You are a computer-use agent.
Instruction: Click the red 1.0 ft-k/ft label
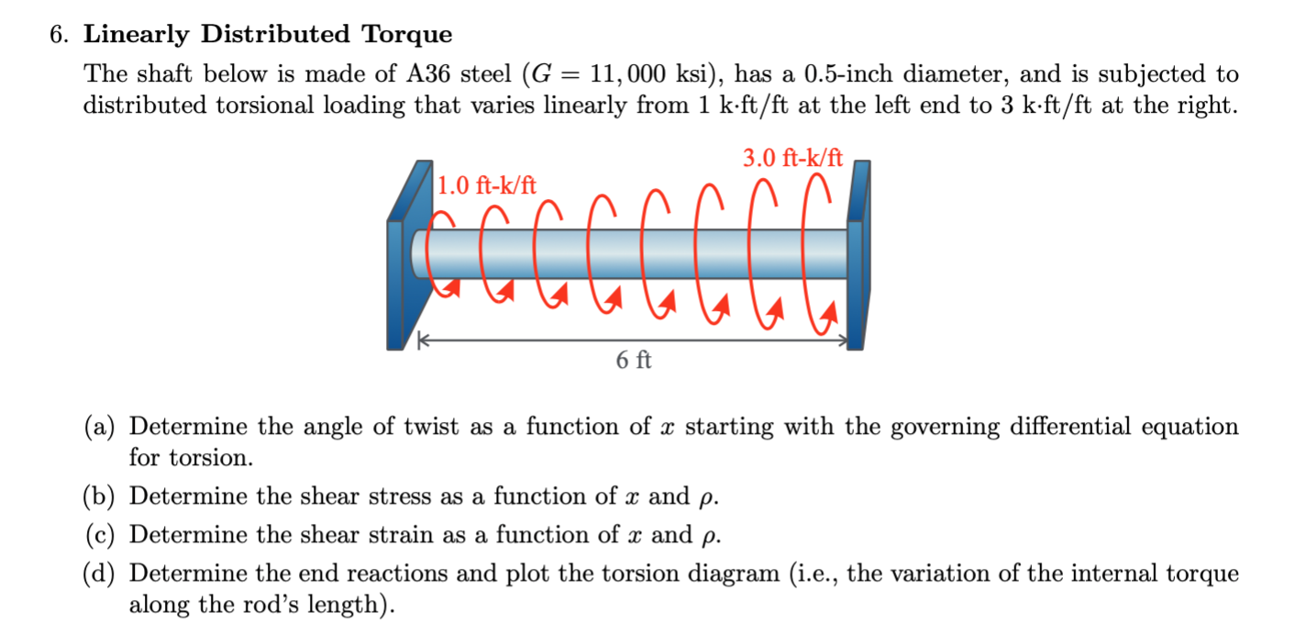tap(486, 186)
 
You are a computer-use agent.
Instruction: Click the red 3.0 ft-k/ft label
tap(792, 159)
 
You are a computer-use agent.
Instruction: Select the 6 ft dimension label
tap(633, 361)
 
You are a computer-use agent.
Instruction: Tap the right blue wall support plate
tap(857, 262)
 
